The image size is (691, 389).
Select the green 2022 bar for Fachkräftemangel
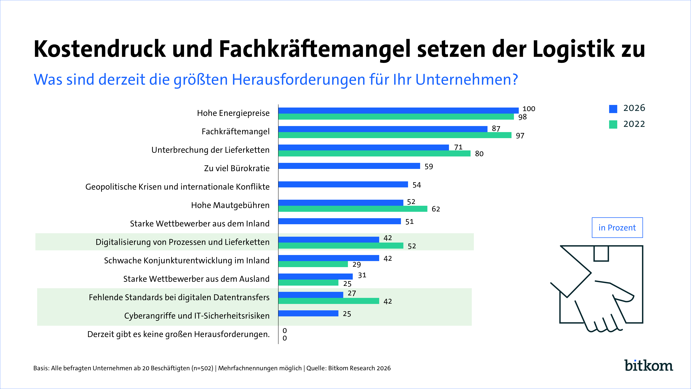coord(395,135)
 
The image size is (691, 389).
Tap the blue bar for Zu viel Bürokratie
coord(349,166)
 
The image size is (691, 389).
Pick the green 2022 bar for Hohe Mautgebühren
coord(353,209)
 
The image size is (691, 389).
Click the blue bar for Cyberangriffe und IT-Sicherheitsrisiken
coord(309,313)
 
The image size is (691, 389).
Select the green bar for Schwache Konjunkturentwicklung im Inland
coord(313,264)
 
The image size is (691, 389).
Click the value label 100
coord(529,109)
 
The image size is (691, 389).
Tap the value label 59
coord(429,166)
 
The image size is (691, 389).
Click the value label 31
coord(362,275)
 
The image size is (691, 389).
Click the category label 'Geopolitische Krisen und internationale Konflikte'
coord(177,187)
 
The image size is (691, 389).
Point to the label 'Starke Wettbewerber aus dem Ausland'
coord(196,279)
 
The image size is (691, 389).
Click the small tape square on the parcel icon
coord(601,253)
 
